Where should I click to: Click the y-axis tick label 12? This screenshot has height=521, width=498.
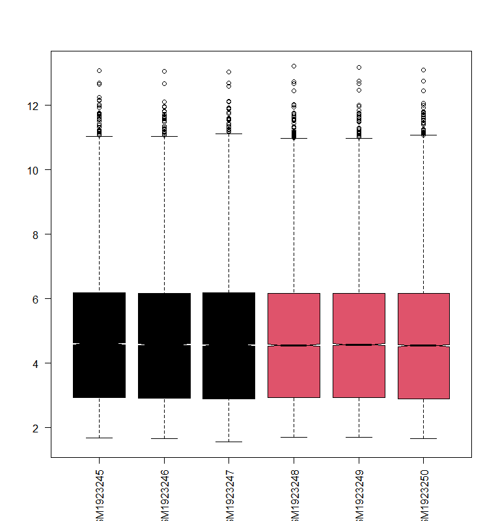point(38,106)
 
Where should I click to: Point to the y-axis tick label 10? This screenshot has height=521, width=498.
point(38,170)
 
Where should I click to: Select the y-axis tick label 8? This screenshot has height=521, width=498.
point(40,234)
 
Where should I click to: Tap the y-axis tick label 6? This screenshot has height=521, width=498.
point(40,299)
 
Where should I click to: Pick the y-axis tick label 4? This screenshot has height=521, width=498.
point(40,363)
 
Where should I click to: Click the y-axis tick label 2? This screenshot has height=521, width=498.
point(40,428)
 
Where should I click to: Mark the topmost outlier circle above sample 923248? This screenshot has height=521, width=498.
point(294,66)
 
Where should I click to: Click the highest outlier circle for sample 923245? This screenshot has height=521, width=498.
point(99,70)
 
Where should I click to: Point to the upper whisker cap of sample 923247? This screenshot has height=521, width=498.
point(228,134)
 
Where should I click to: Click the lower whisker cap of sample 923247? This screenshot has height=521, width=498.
point(228,442)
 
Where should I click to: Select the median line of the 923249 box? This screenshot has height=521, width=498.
point(359,344)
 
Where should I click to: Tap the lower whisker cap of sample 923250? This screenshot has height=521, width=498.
point(423,438)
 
